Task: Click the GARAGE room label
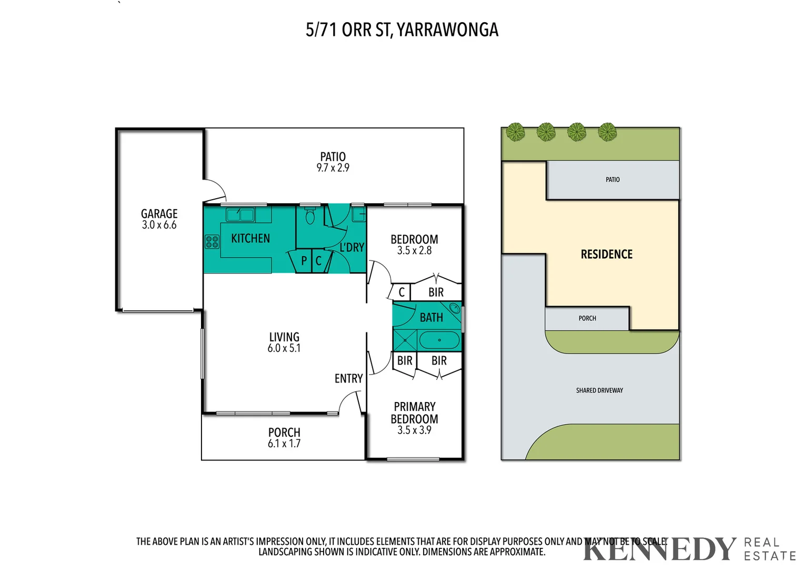[159, 214]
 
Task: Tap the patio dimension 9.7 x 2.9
[333, 168]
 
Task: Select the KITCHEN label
[250, 239]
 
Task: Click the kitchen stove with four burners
[212, 242]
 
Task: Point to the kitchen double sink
[240, 214]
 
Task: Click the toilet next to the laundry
[310, 216]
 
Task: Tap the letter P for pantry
[304, 261]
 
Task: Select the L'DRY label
[351, 248]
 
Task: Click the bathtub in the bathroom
[439, 340]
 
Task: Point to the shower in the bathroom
[405, 340]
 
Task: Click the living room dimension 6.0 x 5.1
[284, 348]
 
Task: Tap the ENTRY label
[348, 379]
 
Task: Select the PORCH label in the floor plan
[284, 433]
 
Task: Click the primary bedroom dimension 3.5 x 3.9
[414, 430]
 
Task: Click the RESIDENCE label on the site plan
[606, 254]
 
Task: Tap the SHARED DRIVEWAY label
[599, 390]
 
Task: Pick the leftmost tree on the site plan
[516, 131]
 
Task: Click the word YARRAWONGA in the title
[447, 30]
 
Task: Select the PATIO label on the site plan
[612, 180]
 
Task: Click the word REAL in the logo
[761, 543]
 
